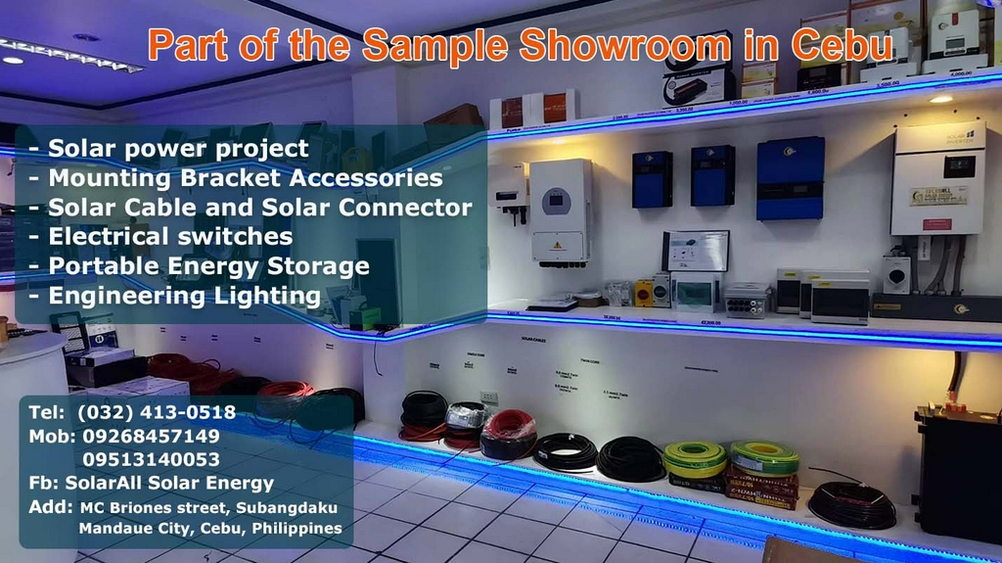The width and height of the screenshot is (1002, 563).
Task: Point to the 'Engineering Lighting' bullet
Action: point(183,295)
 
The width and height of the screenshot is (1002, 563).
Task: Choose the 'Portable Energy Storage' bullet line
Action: point(207,265)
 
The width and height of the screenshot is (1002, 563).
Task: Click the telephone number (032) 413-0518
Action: point(156,412)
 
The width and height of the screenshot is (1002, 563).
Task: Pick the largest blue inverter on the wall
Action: point(790,177)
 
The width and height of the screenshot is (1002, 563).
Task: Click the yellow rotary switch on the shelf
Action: point(644,293)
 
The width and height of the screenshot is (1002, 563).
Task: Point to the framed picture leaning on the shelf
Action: point(696,251)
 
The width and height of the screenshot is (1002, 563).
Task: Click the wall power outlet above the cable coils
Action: point(488,398)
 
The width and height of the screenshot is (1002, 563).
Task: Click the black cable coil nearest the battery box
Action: point(851,504)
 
